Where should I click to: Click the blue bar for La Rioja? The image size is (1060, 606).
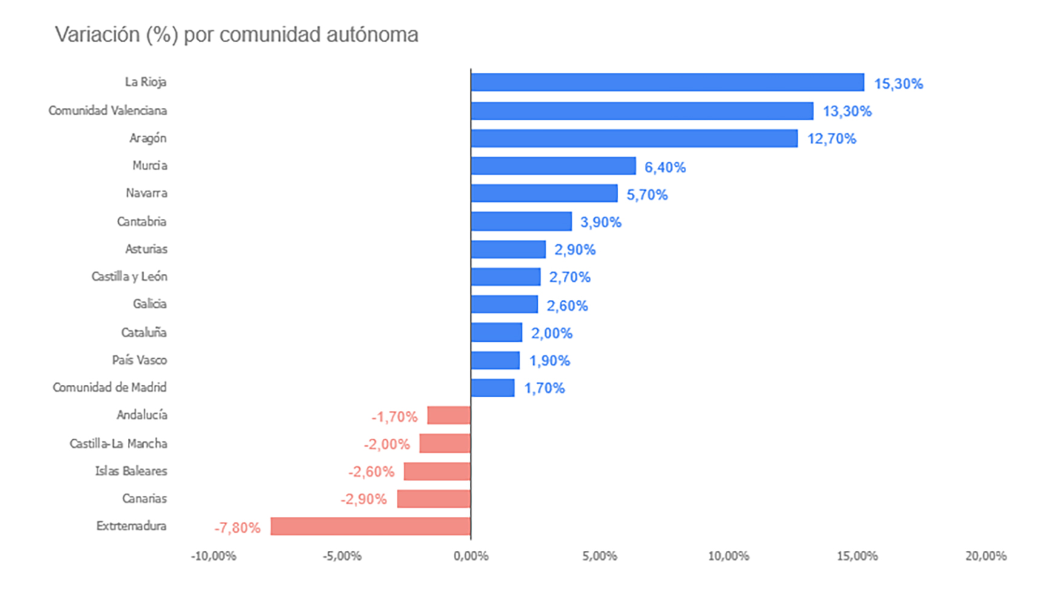point(667,82)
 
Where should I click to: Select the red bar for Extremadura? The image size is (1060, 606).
point(371,526)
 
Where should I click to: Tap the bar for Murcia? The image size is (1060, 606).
point(553,165)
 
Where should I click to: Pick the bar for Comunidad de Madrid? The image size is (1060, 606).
point(492,388)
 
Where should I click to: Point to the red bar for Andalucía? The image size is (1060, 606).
point(449,415)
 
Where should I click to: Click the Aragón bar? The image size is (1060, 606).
point(634,138)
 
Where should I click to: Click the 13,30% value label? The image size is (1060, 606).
point(847,112)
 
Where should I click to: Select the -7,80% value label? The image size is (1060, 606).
point(237,528)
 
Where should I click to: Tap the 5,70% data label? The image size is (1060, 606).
point(647,195)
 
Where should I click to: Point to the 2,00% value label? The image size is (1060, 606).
point(552,333)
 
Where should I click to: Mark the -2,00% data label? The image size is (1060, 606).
point(386,445)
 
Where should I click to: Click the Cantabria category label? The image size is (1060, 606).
point(142,221)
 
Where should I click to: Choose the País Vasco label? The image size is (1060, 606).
point(139,360)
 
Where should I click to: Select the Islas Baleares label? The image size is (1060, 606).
point(131,471)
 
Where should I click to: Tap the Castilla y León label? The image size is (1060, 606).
point(129,276)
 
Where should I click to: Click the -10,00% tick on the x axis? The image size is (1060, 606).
point(213,556)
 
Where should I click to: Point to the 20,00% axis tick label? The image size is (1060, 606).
point(985,556)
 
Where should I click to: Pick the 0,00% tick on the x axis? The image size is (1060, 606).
point(471,556)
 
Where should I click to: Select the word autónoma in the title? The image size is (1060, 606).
point(372,35)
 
